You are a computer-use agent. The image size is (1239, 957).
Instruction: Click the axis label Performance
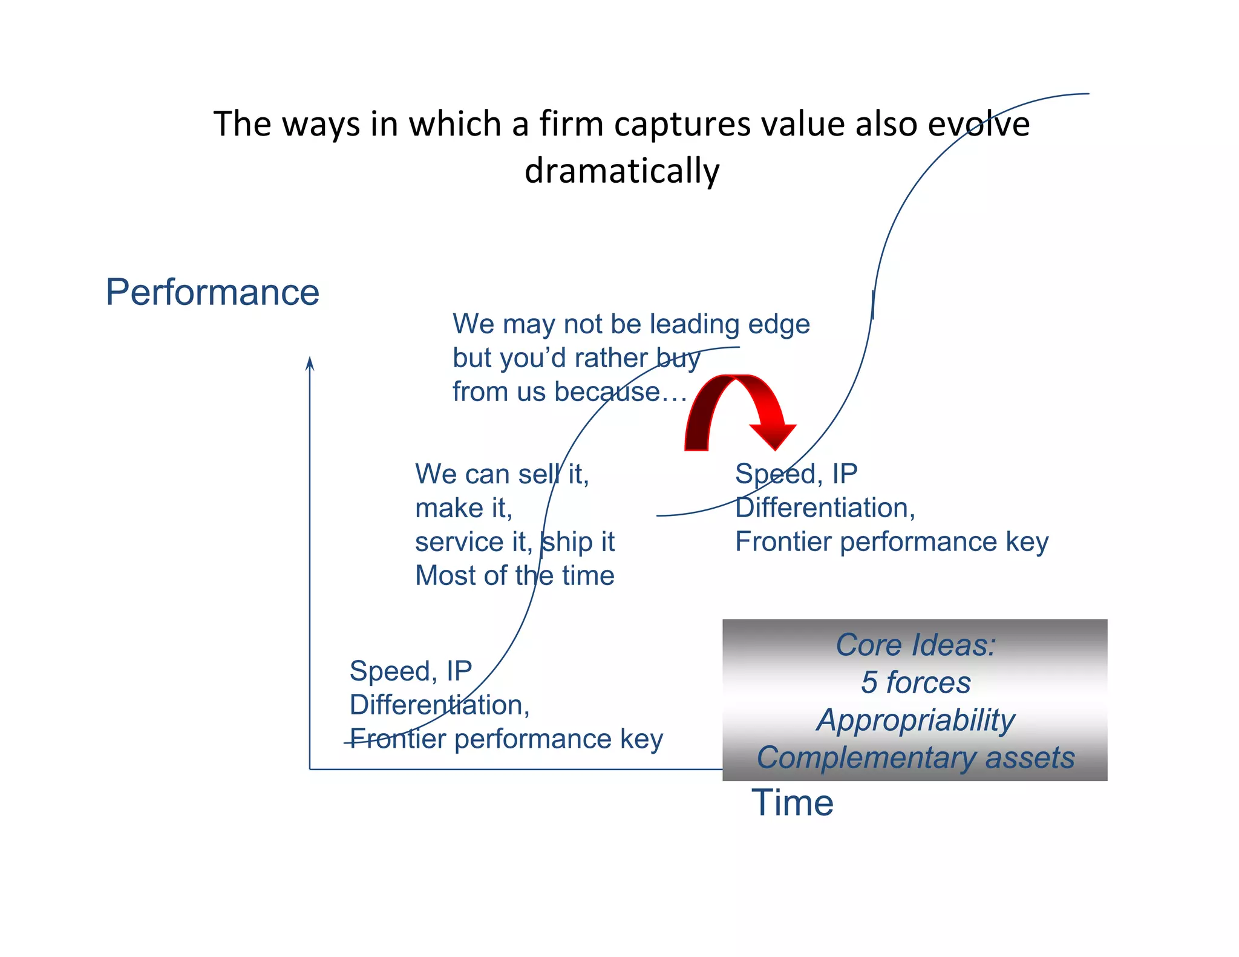click(x=212, y=293)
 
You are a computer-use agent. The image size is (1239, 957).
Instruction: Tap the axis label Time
click(x=792, y=803)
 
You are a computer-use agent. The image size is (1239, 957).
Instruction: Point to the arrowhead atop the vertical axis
click(x=310, y=362)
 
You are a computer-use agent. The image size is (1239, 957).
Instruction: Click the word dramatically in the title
click(x=622, y=171)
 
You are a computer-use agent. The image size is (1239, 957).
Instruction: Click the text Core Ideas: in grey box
click(x=915, y=645)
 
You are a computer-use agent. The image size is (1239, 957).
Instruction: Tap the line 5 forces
click(x=915, y=682)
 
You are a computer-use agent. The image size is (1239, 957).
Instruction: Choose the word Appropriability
click(x=915, y=720)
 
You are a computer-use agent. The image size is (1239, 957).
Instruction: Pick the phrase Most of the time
click(x=514, y=575)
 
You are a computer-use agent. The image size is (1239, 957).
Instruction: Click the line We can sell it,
click(x=502, y=474)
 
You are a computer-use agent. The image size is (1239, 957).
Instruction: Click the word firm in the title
click(x=572, y=124)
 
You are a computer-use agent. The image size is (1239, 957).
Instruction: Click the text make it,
click(x=463, y=508)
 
